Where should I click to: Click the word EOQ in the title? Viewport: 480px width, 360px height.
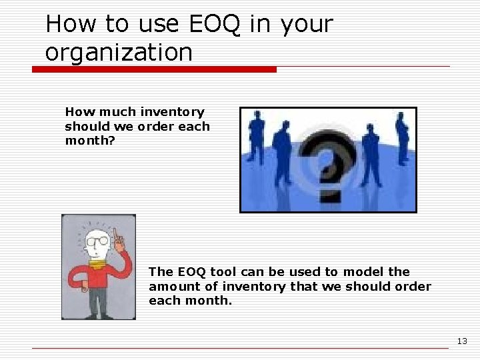point(215,24)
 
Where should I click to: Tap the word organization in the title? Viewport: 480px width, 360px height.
point(119,52)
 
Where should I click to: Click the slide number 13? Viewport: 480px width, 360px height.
point(462,341)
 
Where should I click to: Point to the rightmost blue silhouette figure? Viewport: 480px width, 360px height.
point(402,137)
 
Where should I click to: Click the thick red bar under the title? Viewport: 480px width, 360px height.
point(154,69)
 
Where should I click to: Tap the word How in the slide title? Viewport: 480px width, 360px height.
point(69,24)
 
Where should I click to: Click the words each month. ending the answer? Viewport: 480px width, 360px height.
point(191,301)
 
